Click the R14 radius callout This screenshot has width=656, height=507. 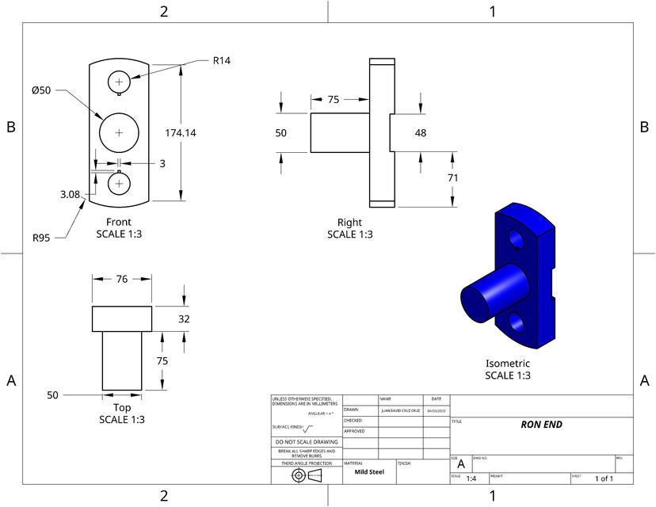point(221,60)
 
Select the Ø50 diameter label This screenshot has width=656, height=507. point(41,90)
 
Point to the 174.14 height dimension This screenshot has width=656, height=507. point(180,132)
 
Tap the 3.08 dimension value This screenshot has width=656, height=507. point(71,193)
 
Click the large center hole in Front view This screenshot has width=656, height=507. point(119,132)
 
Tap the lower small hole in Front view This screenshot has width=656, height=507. point(119,183)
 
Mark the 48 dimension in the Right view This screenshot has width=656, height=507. point(421,132)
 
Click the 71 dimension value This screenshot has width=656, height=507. point(452,179)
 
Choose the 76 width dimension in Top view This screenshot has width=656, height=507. point(121,278)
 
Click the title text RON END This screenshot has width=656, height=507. point(541,424)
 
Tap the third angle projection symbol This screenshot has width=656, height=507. point(306,475)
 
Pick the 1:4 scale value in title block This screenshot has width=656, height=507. point(471,478)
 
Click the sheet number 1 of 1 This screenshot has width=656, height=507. point(604,478)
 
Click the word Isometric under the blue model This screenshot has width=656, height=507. point(507,363)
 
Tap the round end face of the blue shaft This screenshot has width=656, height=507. point(475,302)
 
